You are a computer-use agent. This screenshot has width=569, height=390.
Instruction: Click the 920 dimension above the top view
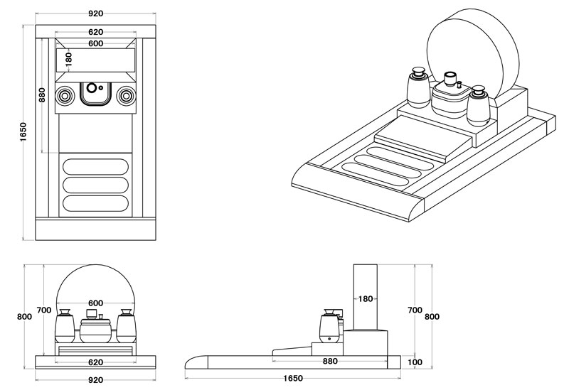(x=95, y=14)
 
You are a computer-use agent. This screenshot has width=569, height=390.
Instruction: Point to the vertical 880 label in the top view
(x=43, y=94)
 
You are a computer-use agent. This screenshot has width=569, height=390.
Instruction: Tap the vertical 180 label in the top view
(x=69, y=58)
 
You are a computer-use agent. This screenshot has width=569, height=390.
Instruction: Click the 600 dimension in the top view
(x=95, y=43)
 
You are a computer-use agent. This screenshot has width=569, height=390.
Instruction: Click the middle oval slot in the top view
(x=95, y=185)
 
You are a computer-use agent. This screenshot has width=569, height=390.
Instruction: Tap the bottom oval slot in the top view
(x=95, y=202)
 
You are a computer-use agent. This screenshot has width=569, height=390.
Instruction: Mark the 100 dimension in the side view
(x=416, y=362)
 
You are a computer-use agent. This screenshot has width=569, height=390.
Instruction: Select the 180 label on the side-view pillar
(x=366, y=299)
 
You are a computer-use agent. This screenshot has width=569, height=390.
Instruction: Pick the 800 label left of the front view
(x=24, y=317)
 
